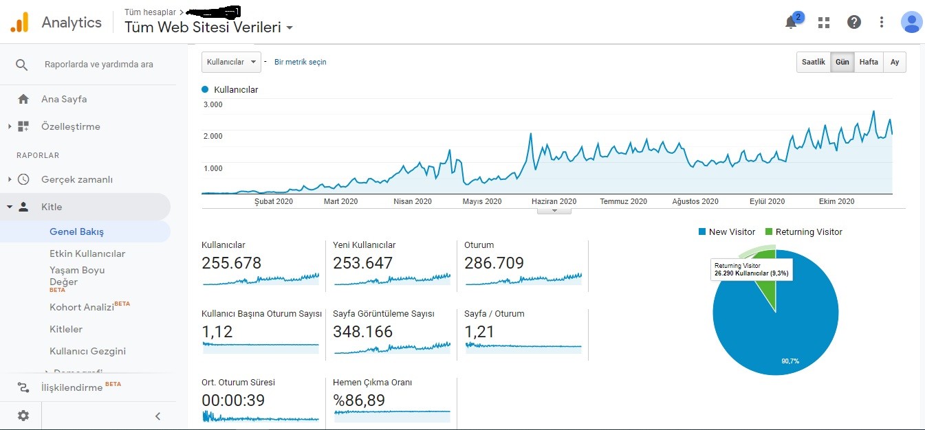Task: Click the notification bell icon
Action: click(x=791, y=22)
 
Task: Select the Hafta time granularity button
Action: click(x=869, y=62)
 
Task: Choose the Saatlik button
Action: click(x=813, y=62)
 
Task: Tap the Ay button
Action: click(x=895, y=62)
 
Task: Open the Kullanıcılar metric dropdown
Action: click(x=231, y=62)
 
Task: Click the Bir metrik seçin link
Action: click(x=301, y=62)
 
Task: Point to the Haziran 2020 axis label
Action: click(x=554, y=201)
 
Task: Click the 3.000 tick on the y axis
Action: click(x=213, y=104)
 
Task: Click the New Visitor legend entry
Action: click(x=727, y=231)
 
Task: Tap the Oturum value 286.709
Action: click(x=494, y=263)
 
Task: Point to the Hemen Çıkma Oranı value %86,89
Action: click(x=359, y=400)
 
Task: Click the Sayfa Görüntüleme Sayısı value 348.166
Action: click(x=362, y=332)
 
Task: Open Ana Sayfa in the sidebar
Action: click(x=64, y=99)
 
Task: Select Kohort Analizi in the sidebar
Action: click(x=82, y=307)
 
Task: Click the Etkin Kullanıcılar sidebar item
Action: click(x=87, y=253)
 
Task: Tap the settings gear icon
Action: click(x=23, y=416)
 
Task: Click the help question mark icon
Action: click(x=854, y=22)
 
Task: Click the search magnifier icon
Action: click(x=21, y=65)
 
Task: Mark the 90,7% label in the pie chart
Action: click(x=790, y=361)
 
